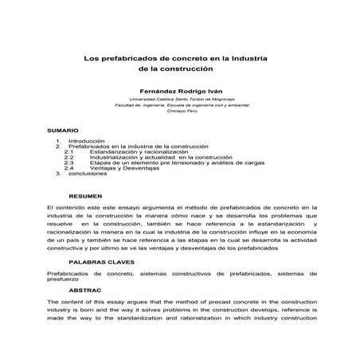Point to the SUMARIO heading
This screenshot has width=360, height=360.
click(63, 129)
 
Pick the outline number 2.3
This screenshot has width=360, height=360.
click(68, 163)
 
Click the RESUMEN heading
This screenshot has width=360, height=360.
click(86, 195)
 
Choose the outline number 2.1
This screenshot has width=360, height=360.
click(68, 151)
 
